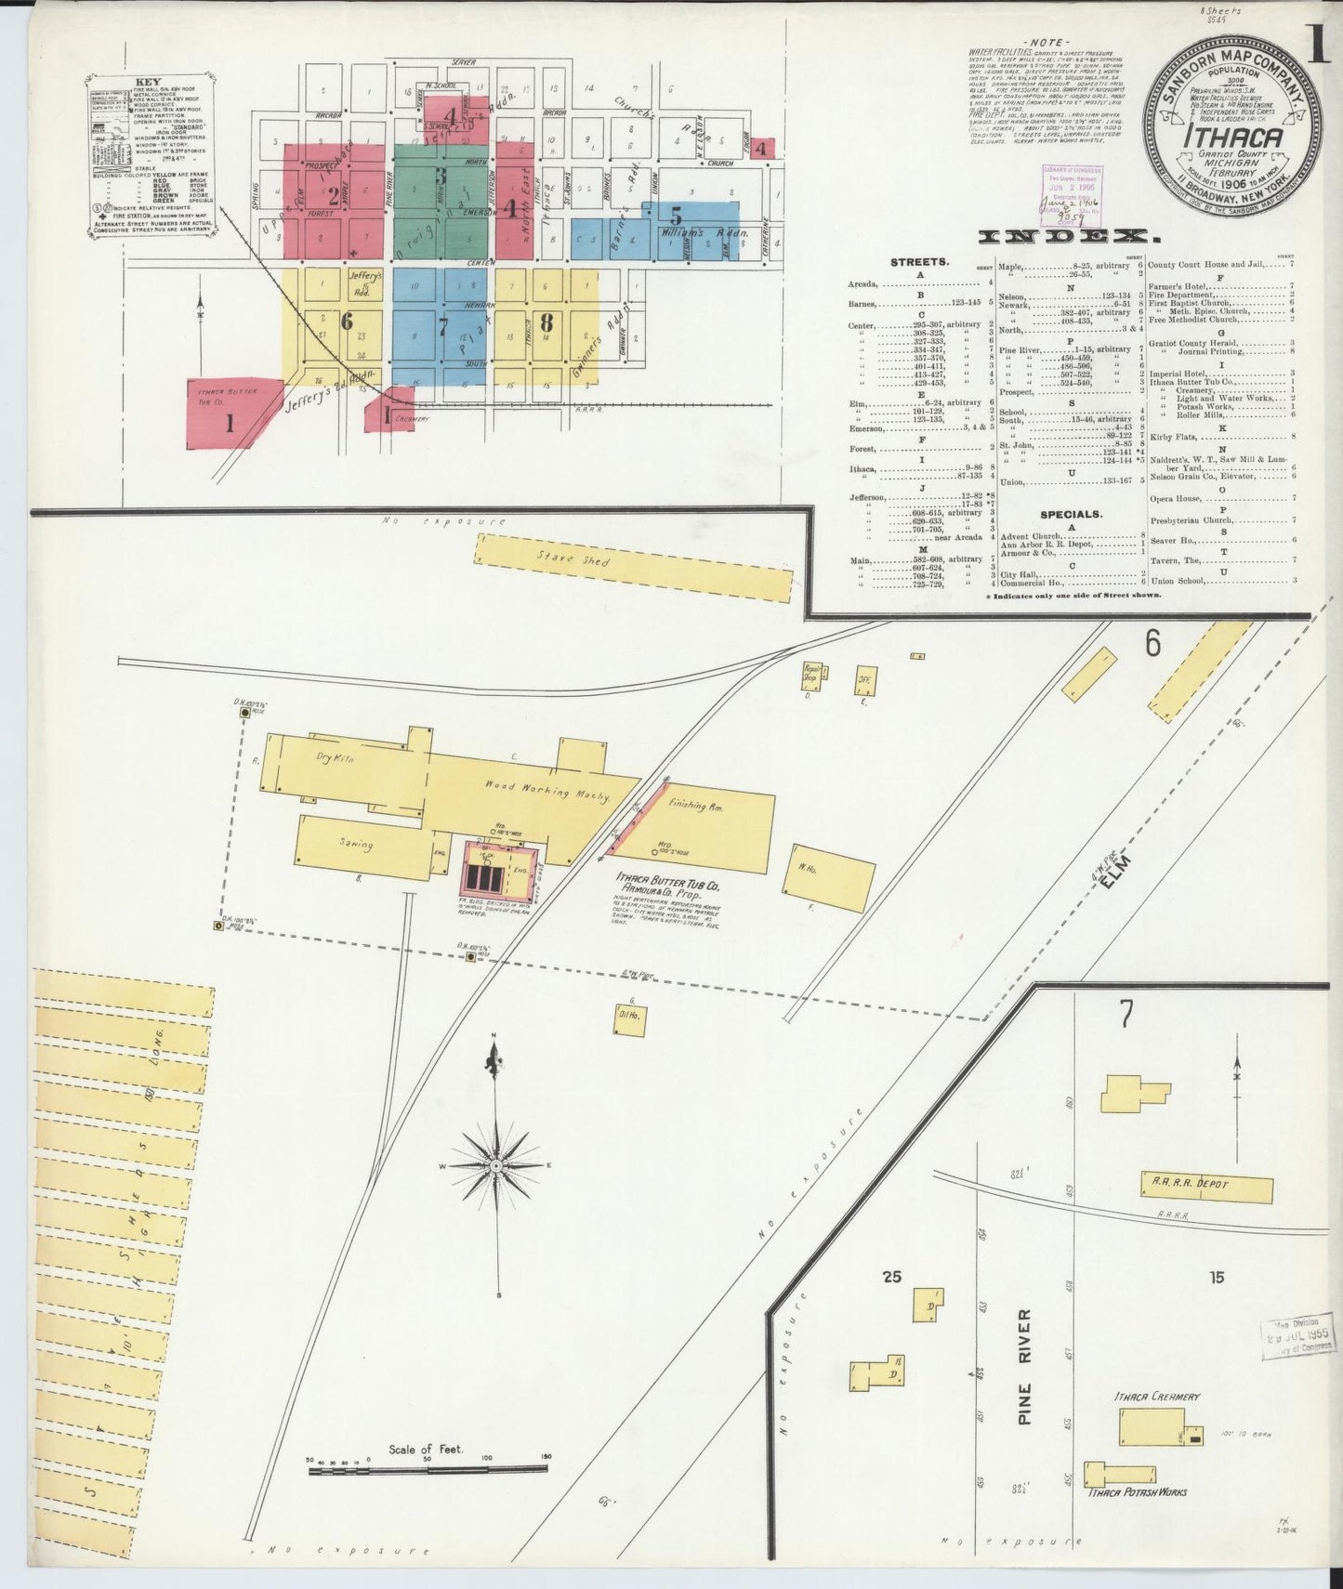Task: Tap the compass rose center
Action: [x=496, y=1164]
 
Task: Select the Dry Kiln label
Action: [x=336, y=758]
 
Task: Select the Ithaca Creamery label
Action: [x=1157, y=1396]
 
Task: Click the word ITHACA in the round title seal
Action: [x=1232, y=138]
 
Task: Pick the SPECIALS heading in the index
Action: [x=1071, y=514]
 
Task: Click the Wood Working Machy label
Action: [x=546, y=793]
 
